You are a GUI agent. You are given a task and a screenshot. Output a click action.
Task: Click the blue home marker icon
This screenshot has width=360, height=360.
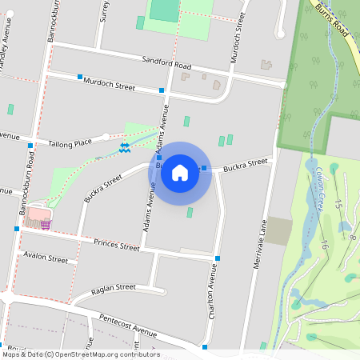click(x=180, y=173)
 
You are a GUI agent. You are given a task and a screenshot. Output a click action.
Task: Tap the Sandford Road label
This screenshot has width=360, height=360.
click(x=166, y=63)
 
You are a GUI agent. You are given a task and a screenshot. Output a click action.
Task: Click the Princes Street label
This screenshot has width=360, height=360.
click(x=117, y=243)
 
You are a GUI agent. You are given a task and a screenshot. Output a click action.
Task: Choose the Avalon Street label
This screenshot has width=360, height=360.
click(x=46, y=258)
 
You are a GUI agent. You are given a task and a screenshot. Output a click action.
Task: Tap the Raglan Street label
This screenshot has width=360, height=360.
click(x=114, y=287)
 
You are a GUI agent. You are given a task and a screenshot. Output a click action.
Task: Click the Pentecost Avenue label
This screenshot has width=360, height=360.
click(x=128, y=325)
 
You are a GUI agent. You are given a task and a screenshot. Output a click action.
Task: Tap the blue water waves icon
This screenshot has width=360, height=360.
click(x=125, y=148)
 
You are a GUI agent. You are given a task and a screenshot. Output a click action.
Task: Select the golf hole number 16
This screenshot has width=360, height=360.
click(x=324, y=246)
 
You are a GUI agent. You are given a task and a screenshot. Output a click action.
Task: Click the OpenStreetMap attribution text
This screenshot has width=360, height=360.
click(x=80, y=354)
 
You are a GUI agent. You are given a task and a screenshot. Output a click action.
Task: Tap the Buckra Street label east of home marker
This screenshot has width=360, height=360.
click(x=245, y=163)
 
